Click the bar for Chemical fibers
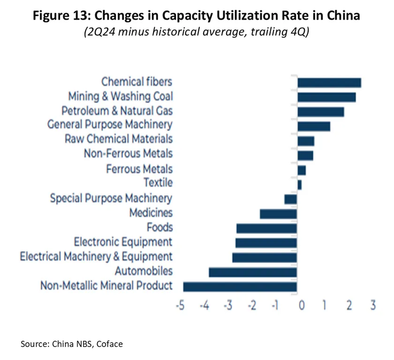(329, 83)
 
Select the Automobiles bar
(253, 272)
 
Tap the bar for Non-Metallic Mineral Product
(240, 287)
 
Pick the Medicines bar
(279, 214)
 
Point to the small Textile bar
(300, 184)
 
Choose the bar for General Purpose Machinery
(314, 126)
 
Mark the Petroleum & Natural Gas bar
(320, 112)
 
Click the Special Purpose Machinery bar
(291, 199)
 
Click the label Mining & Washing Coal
(121, 97)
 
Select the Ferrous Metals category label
(139, 169)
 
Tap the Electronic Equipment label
(123, 242)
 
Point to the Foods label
(159, 228)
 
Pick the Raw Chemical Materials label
(119, 139)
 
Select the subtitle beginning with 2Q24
(196, 34)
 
